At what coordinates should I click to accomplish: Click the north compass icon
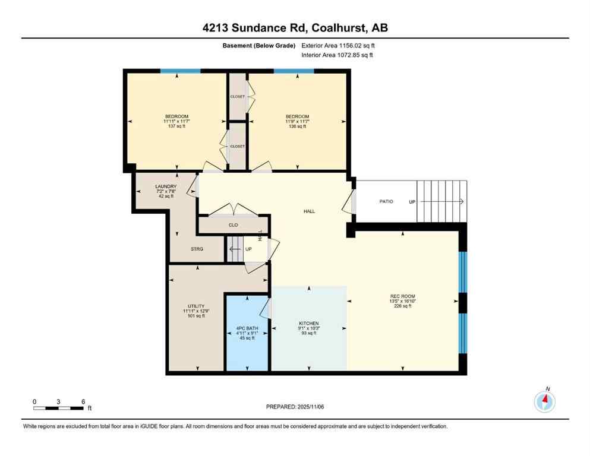544,402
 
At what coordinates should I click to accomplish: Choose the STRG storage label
196,249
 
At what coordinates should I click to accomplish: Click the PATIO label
386,201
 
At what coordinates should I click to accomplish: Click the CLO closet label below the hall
233,225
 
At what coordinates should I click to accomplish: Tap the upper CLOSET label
237,96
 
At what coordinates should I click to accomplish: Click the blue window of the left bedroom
180,71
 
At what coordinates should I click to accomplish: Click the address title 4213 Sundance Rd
295,27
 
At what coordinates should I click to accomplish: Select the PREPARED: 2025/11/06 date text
295,407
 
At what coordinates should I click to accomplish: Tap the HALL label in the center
308,211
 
